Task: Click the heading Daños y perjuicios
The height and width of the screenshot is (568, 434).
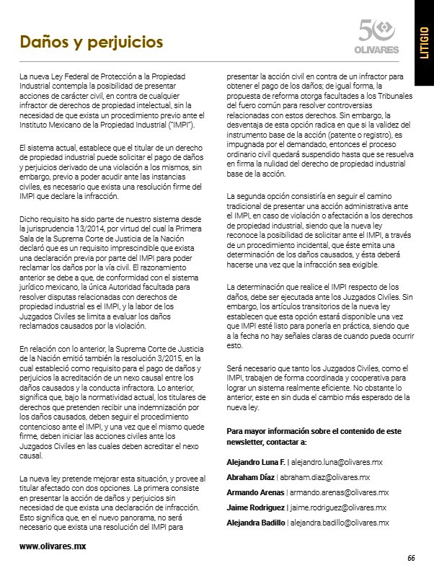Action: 91,41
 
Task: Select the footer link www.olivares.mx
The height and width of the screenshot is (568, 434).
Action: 53,546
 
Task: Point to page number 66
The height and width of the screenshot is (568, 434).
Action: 411,557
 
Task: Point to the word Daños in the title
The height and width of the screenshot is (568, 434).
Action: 44,41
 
